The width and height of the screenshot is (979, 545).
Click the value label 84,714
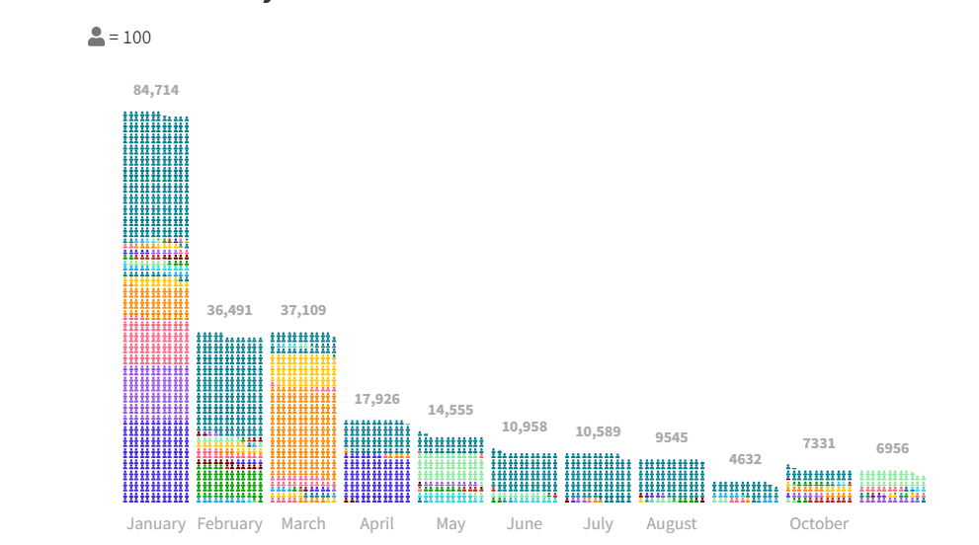(156, 90)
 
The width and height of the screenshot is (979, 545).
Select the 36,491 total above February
(229, 310)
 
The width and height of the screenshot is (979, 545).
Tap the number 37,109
(303, 310)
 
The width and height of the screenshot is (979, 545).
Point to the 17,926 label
(377, 399)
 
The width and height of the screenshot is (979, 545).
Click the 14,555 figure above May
(450, 410)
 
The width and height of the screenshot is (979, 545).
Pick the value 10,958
(525, 427)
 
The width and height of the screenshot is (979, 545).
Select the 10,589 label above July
(598, 431)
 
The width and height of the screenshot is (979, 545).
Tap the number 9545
(672, 437)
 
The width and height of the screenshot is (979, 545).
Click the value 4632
(745, 459)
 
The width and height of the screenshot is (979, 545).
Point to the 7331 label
(819, 443)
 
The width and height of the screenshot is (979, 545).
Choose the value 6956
(892, 448)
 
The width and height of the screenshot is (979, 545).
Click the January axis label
(156, 523)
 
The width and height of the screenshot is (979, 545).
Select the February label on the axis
(229, 523)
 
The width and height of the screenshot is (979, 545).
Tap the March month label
(303, 523)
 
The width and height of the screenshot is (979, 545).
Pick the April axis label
(377, 523)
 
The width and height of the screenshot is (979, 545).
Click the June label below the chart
(525, 523)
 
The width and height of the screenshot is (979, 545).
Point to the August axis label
(672, 523)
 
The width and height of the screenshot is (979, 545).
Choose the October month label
(819, 523)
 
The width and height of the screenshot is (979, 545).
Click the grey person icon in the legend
(96, 38)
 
